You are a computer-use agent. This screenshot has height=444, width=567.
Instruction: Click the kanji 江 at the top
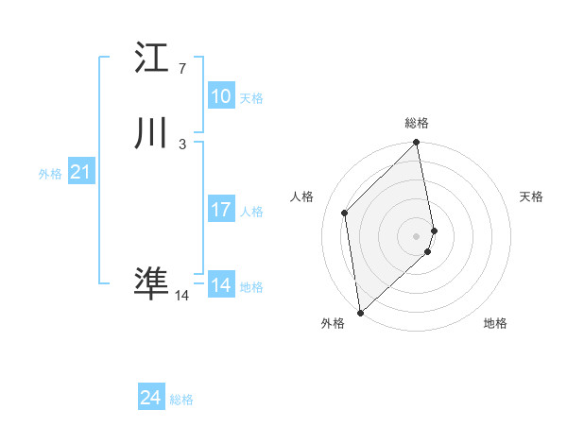click(151, 59)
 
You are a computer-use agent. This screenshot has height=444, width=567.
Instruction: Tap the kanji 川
click(151, 134)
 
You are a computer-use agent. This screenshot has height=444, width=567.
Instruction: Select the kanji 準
click(151, 283)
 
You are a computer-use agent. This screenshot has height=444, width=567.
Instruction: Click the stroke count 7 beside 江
click(182, 69)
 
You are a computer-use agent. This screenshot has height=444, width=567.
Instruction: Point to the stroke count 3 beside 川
click(182, 145)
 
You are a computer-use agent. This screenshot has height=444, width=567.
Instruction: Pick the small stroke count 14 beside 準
click(182, 296)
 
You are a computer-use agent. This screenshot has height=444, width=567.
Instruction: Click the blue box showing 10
click(221, 96)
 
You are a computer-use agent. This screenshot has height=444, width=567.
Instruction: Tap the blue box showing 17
click(221, 210)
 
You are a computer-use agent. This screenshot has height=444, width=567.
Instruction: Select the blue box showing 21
click(80, 172)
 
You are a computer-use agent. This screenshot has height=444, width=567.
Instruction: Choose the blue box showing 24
click(151, 398)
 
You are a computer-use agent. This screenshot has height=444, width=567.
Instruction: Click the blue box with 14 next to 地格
click(221, 285)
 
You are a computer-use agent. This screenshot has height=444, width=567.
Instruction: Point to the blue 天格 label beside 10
click(251, 98)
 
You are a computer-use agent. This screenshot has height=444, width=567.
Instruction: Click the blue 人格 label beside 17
click(251, 212)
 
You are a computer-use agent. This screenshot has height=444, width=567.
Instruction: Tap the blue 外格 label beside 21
click(50, 174)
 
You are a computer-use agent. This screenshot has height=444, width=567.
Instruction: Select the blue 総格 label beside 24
click(181, 400)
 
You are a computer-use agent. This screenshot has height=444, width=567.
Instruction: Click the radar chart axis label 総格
click(417, 123)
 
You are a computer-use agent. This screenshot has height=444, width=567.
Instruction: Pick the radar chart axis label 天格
click(532, 196)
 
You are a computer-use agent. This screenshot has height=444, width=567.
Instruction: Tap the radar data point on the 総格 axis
click(417, 143)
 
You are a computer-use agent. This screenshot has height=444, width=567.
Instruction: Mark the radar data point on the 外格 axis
click(360, 313)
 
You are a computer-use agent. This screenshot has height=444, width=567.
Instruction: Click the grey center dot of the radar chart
click(417, 235)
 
